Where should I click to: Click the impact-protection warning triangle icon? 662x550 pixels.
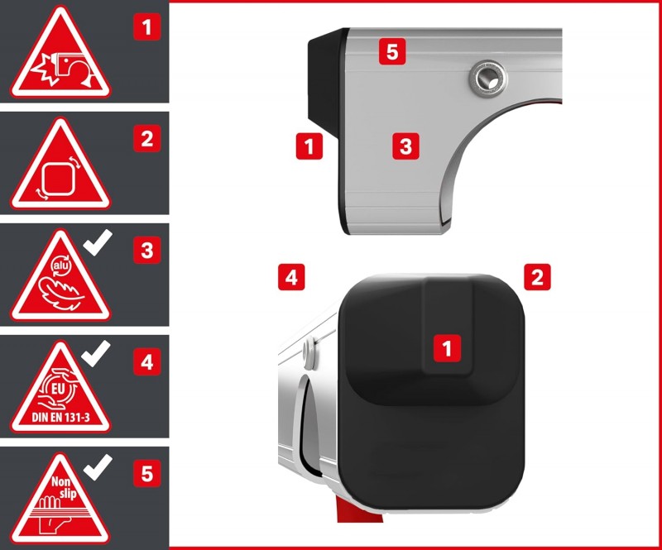60,55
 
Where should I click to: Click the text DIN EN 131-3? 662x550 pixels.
60,418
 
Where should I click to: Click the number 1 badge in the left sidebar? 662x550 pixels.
147,27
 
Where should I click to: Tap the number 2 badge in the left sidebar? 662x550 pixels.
147,138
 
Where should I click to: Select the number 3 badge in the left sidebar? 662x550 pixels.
147,251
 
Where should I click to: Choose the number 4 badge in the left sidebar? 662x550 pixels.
147,361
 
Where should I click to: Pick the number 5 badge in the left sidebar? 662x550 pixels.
147,473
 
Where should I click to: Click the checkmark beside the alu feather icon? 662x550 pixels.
97,242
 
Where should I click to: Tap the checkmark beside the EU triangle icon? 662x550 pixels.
95,354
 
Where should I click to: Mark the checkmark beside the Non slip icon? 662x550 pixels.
97,467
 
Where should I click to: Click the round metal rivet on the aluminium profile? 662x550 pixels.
488,78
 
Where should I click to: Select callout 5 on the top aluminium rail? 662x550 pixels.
392,51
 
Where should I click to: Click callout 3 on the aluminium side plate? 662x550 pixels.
405,146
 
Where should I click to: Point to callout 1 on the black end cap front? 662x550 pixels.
447,348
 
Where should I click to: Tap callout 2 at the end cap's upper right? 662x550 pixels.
537,277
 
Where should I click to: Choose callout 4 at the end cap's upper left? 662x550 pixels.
291,277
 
